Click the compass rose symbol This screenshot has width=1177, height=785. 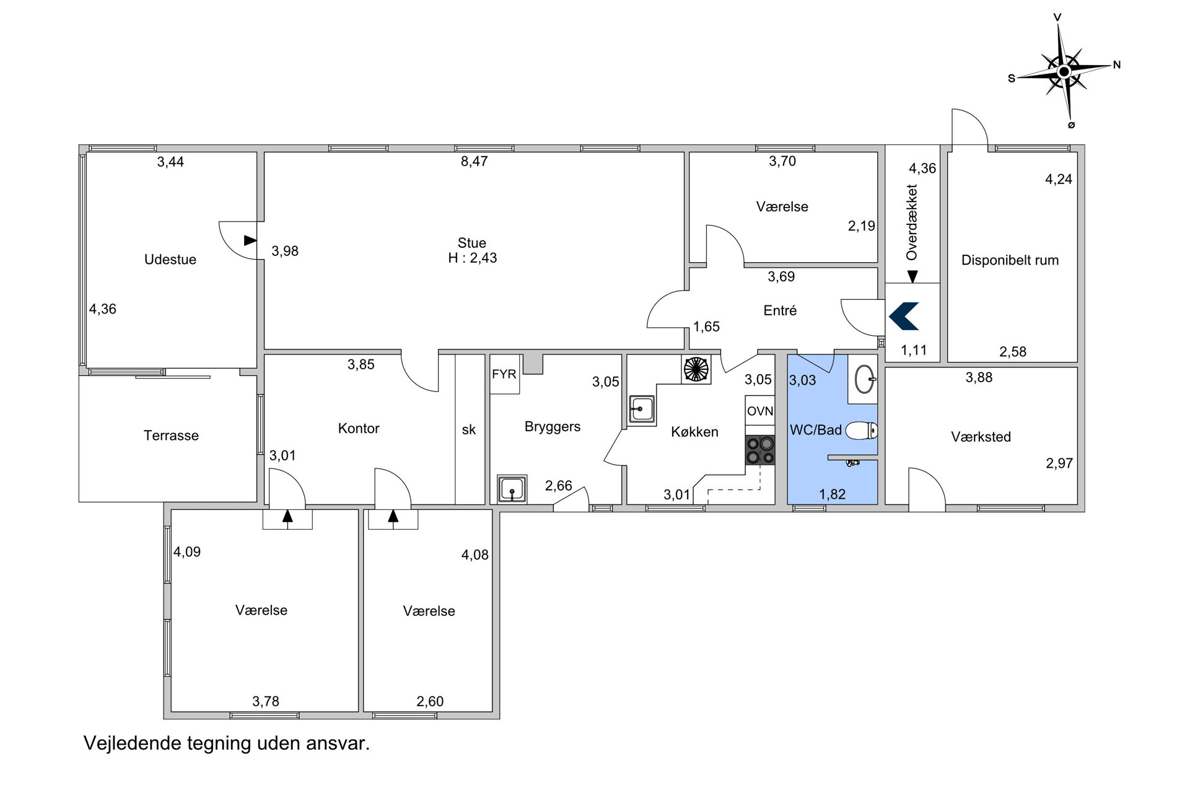click(1064, 71)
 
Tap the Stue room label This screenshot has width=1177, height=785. click(472, 243)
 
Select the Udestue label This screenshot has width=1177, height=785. click(170, 260)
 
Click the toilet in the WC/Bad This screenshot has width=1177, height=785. click(862, 430)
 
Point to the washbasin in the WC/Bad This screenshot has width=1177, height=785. click(865, 379)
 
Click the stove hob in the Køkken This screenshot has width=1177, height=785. click(760, 450)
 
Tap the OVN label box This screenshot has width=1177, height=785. click(760, 411)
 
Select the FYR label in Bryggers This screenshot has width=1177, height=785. click(504, 374)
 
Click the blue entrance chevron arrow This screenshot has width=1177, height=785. click(904, 316)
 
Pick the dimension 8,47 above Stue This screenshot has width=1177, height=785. click(475, 161)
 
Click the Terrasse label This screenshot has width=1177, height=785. click(171, 436)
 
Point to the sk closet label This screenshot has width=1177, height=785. click(469, 429)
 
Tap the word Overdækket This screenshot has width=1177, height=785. click(911, 222)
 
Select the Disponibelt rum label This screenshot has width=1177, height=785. click(1010, 260)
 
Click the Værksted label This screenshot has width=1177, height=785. click(981, 437)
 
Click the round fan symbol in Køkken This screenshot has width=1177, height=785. click(696, 369)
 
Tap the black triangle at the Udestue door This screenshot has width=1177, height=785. click(250, 240)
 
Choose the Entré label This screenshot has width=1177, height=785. click(780, 310)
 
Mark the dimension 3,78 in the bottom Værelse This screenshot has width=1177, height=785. click(266, 701)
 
